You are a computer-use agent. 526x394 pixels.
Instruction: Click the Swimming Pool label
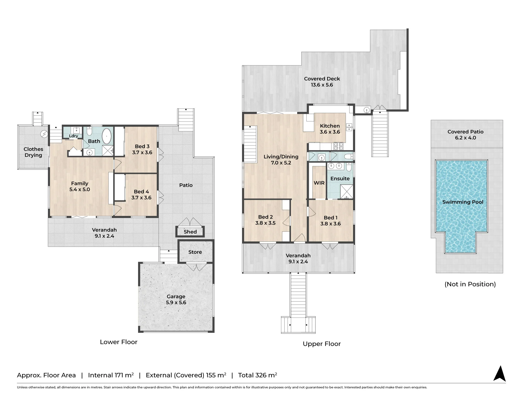click(x=463, y=202)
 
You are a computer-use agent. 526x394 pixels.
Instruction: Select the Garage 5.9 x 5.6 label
click(x=176, y=299)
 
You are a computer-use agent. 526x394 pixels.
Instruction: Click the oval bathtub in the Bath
click(x=107, y=136)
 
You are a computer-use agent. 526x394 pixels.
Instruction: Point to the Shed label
click(x=190, y=232)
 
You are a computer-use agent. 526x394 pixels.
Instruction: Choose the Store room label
click(x=195, y=252)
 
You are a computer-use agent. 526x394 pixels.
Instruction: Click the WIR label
click(x=319, y=183)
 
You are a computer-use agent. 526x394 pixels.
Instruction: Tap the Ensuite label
click(x=340, y=179)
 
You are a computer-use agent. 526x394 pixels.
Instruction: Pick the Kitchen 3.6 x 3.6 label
click(x=330, y=129)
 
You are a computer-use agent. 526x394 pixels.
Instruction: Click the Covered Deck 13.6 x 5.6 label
click(x=322, y=82)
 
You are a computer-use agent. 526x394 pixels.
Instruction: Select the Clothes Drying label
click(x=33, y=152)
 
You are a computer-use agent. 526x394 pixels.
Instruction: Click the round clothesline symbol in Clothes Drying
click(x=44, y=134)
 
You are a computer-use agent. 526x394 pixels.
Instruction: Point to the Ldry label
click(x=74, y=136)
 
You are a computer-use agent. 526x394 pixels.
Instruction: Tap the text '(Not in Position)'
click(x=470, y=284)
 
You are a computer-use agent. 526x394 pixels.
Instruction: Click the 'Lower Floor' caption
click(x=119, y=342)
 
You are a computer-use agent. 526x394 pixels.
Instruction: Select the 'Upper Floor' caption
click(x=322, y=344)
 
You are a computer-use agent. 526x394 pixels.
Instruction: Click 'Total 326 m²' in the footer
click(x=257, y=375)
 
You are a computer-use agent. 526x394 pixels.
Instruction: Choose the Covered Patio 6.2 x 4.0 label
click(x=466, y=135)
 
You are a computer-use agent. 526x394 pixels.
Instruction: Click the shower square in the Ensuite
click(x=347, y=192)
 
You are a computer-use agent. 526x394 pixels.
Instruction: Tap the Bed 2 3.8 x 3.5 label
click(x=265, y=220)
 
